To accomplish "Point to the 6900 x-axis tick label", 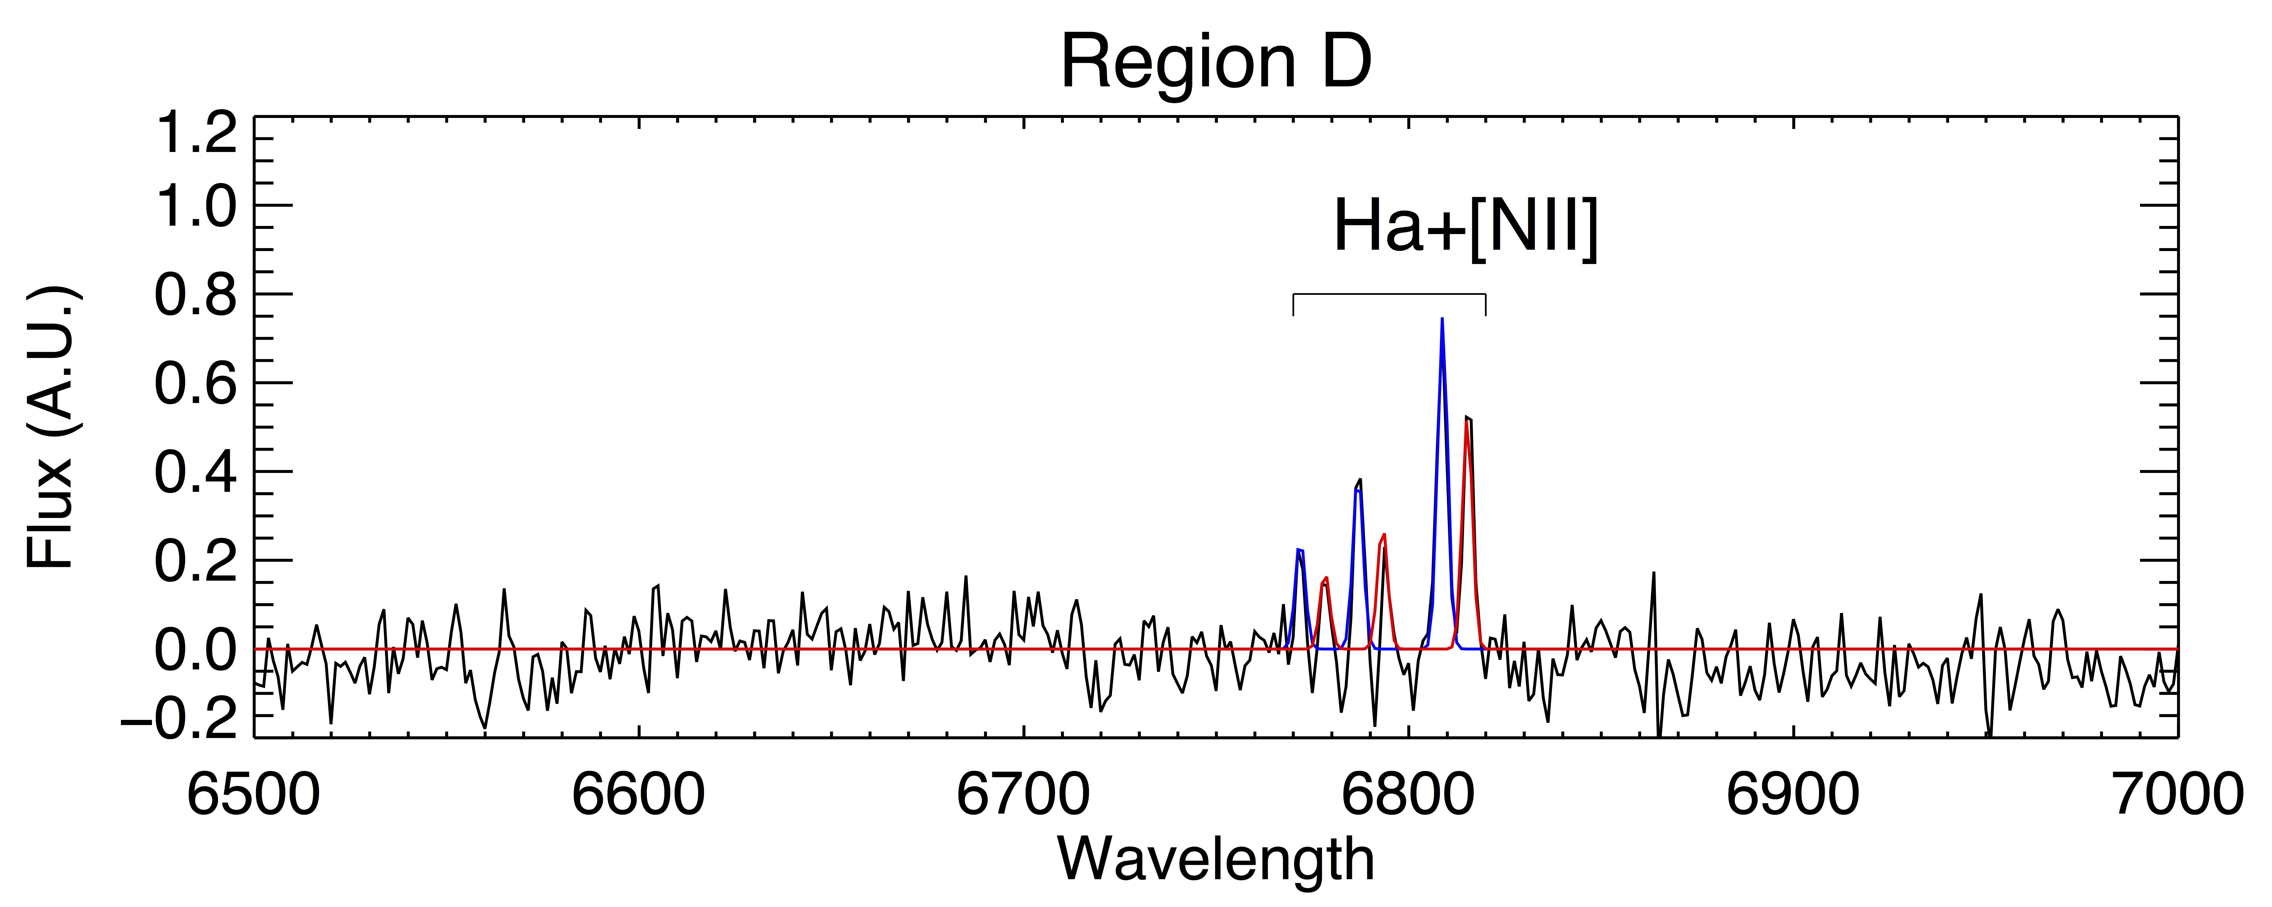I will coord(1793,794).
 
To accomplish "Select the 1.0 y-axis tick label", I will coord(196,208).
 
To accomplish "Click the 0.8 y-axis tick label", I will coord(196,296).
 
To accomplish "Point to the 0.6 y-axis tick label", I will coord(196,385).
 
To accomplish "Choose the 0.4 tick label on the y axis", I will coord(196,473).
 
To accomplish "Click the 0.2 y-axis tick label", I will coord(196,561).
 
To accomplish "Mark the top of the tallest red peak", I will coord(1466,423).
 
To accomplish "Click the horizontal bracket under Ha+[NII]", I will coord(1389,294).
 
